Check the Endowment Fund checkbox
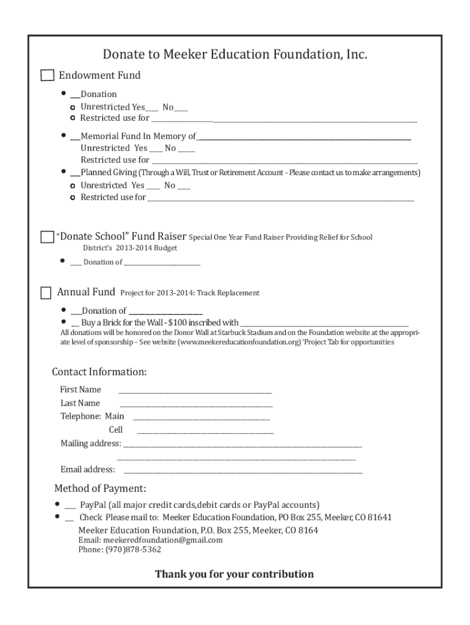click(x=47, y=76)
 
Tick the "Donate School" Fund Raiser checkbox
click(x=47, y=237)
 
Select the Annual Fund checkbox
click(x=46, y=293)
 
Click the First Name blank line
click(x=195, y=392)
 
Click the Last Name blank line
click(x=196, y=405)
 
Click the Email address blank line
click(x=243, y=472)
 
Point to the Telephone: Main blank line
click(x=201, y=419)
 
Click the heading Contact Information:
click(x=99, y=372)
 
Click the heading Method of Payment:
click(x=100, y=488)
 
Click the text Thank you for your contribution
click(x=234, y=574)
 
